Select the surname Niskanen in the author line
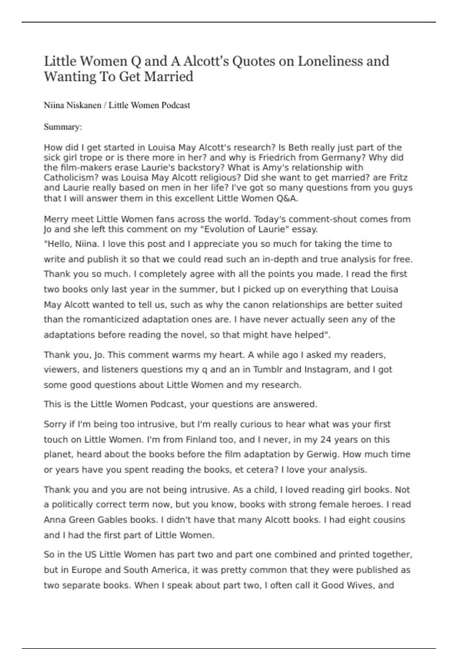82,105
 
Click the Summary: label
63,127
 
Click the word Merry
56,219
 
